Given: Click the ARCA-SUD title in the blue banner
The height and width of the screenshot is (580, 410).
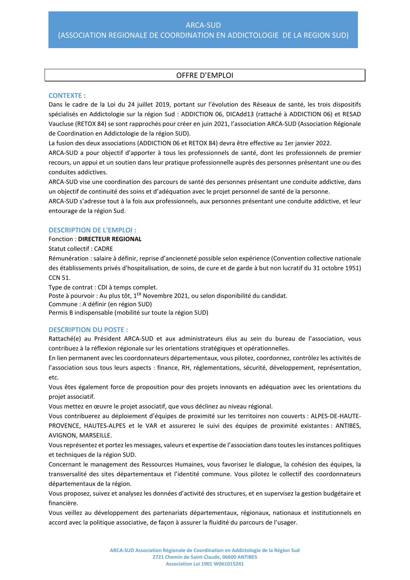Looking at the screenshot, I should tap(203, 25).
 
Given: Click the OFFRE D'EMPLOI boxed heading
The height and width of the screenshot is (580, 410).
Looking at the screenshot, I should tap(205, 75).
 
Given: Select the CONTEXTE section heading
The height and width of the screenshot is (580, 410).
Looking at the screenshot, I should tap(67, 96).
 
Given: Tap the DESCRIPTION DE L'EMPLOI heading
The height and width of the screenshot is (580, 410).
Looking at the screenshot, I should tap(92, 230).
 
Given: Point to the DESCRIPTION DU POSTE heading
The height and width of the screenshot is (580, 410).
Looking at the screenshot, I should tap(88, 330).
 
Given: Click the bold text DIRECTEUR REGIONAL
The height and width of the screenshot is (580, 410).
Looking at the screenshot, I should tap(110, 239).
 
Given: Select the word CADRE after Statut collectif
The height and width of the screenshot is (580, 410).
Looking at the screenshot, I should tap(104, 249).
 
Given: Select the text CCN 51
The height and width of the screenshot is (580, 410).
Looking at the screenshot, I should tap(59, 278).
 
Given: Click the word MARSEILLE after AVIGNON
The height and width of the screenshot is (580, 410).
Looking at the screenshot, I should tap(95, 436).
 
